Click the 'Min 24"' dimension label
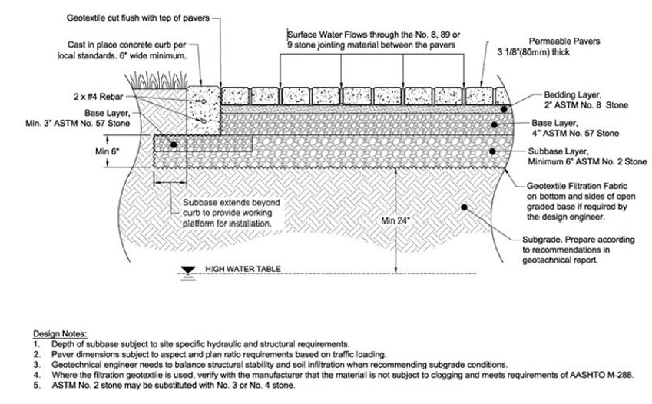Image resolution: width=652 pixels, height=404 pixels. point(397,221)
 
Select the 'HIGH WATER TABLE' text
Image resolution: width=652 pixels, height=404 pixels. point(240,270)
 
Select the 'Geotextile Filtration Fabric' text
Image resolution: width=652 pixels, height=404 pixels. point(581,186)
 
